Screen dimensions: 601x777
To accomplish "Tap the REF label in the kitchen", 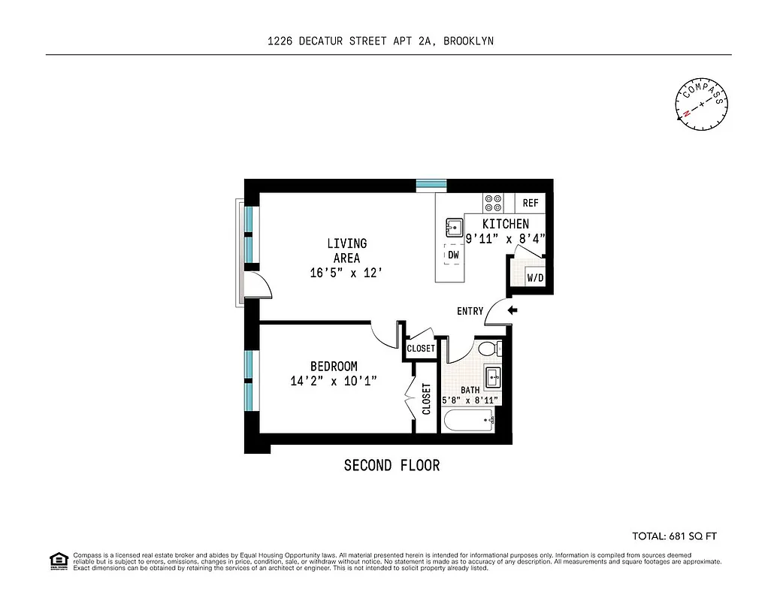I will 531,203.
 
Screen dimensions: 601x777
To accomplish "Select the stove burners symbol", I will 494,203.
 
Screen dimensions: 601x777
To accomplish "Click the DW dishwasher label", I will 453,255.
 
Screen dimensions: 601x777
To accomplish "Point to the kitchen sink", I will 454,225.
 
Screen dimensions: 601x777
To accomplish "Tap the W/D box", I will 535,278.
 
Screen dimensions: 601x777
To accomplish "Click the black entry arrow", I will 513,310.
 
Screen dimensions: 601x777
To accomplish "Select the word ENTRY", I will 470,311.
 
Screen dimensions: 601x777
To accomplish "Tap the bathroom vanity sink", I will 493,376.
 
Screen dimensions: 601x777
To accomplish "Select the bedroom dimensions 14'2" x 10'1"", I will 334,381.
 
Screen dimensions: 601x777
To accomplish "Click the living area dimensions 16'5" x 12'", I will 347,273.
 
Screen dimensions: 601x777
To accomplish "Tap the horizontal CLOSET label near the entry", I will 421,349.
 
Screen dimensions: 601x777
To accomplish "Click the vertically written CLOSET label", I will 426,399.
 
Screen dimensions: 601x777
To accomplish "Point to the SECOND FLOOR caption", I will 392,466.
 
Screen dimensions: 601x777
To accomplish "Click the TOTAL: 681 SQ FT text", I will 675,536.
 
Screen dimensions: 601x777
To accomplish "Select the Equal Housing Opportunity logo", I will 58,560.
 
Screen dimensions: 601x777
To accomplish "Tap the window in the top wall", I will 431,184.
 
